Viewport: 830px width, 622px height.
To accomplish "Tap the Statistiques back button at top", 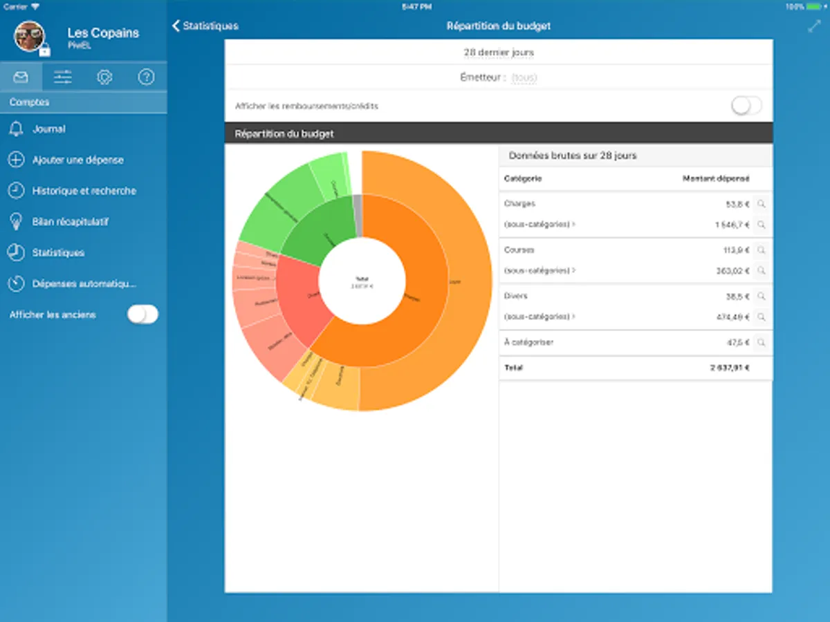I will click(x=205, y=26).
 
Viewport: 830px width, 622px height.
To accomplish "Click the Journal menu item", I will click(x=48, y=129).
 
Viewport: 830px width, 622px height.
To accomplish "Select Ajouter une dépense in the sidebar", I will click(x=77, y=160).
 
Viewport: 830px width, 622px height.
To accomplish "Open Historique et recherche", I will click(x=84, y=191).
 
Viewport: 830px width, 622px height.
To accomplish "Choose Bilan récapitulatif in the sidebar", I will click(x=70, y=222).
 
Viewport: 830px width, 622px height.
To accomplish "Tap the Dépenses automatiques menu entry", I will click(x=84, y=284).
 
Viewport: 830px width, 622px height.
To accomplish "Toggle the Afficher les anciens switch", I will click(x=142, y=314).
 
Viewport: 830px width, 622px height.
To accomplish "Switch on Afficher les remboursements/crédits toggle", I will click(x=746, y=106).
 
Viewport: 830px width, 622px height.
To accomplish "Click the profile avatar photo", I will click(x=30, y=36).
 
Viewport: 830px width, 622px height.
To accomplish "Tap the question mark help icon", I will click(x=146, y=77).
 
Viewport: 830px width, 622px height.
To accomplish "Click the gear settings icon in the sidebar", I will click(x=104, y=77).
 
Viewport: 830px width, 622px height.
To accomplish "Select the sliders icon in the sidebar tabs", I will click(x=63, y=77).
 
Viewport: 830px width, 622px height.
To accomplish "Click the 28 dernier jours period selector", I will click(x=498, y=53).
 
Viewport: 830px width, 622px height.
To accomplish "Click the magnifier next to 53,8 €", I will click(x=761, y=204).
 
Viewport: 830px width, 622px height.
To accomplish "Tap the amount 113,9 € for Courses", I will click(x=734, y=250).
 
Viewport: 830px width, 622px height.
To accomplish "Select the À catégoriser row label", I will click(x=529, y=342).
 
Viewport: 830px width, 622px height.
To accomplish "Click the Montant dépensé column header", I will click(x=715, y=179).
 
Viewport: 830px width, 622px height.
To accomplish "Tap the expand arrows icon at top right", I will click(x=813, y=26).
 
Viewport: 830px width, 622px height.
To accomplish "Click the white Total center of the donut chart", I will click(x=362, y=282).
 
